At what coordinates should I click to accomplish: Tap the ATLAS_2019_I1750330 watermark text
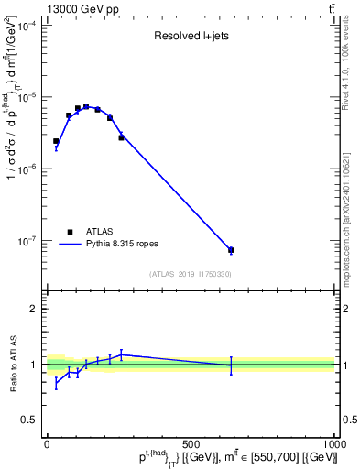(190, 274)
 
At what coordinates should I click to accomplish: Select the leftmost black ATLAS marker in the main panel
(56, 141)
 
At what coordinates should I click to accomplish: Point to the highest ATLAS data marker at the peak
(86, 107)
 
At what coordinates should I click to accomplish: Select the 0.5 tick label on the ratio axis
(29, 420)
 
